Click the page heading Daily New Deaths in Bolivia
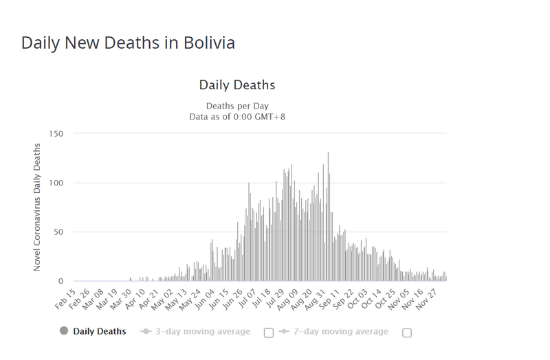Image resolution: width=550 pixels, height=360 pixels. tap(128, 43)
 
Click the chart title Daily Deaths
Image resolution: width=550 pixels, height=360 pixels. tap(237, 85)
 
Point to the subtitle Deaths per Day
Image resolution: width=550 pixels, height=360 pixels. tap(237, 106)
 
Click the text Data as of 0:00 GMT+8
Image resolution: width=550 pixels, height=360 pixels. tap(237, 117)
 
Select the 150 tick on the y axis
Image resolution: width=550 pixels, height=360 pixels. tap(56, 133)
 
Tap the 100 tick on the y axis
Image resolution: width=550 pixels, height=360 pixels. tap(56, 183)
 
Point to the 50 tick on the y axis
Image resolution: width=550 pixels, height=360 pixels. tap(58, 232)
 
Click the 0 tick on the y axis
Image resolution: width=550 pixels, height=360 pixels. tap(61, 281)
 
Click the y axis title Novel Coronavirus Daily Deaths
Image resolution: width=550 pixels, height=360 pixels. tap(38, 207)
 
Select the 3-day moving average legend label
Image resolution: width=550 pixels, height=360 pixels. tap(201, 332)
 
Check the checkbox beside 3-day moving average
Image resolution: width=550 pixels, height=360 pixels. tap(269, 333)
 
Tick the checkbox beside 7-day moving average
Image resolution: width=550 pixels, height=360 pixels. tap(407, 333)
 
